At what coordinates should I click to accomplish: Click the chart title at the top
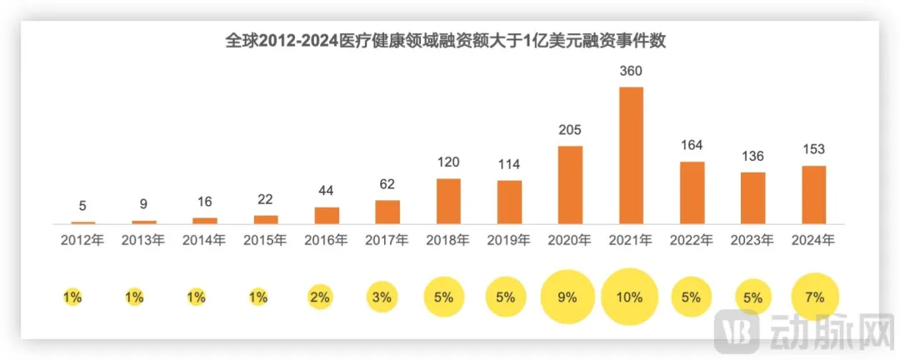(449, 40)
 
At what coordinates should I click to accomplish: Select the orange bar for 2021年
(631, 155)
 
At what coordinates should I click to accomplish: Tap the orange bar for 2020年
(570, 185)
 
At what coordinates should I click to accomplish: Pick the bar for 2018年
(448, 201)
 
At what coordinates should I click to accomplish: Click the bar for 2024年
(813, 195)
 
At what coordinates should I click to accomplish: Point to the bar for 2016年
(327, 215)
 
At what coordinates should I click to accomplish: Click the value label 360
(631, 72)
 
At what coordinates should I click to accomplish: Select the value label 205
(570, 130)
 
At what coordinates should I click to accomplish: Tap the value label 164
(692, 146)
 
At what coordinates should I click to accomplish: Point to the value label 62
(387, 184)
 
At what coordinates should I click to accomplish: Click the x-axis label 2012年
(82, 240)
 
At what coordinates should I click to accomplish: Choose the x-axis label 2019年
(509, 240)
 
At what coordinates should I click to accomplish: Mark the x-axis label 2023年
(752, 240)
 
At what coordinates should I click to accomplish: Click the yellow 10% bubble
(631, 297)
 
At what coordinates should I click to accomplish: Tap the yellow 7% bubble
(813, 297)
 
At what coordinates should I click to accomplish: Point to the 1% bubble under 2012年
(72, 297)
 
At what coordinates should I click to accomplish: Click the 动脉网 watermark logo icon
(737, 327)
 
